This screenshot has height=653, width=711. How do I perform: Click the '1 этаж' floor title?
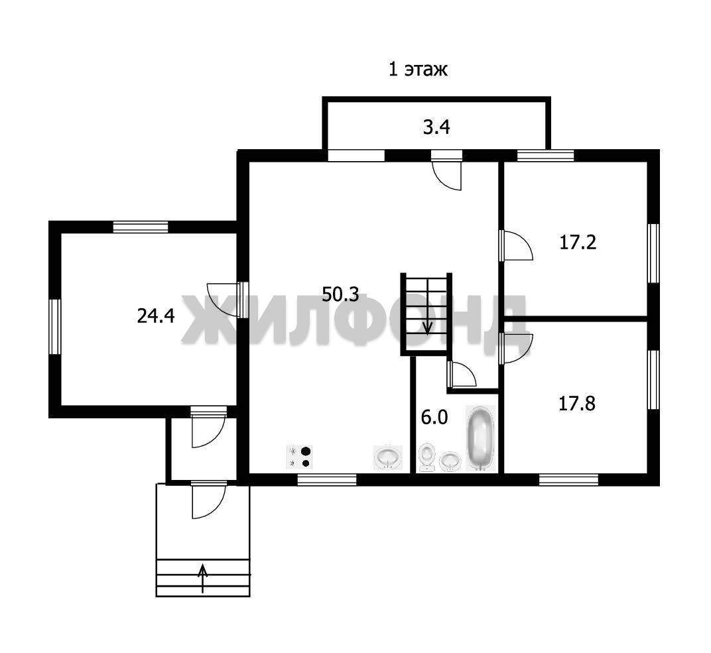point(418,70)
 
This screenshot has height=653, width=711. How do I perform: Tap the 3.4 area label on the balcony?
point(436,127)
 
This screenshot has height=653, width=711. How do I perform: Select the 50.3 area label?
point(340,294)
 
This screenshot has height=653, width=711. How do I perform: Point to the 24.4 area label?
point(155,316)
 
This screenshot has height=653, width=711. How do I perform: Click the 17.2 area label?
point(578,243)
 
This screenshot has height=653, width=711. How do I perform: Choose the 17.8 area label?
point(577,403)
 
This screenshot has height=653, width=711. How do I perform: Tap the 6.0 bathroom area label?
point(434,418)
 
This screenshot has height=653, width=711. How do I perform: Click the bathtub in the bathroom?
point(481,438)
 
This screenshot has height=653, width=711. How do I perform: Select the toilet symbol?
point(426,457)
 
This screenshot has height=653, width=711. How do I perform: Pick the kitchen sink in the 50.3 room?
point(388,457)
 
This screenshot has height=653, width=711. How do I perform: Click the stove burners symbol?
point(300,457)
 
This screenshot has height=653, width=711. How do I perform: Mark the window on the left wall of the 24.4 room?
point(55,326)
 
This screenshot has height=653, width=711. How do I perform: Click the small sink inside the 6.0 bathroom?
point(450,461)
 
